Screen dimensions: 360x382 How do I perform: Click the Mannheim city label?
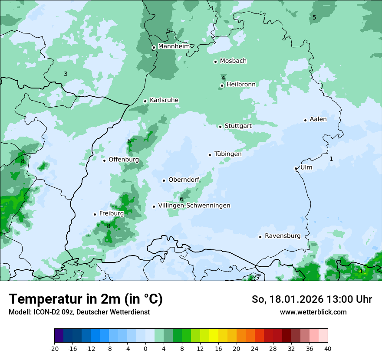(174, 46)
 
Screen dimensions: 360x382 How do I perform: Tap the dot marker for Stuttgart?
(220, 127)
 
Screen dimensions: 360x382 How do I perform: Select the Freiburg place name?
(111, 213)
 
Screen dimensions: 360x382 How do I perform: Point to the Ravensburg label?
(282, 236)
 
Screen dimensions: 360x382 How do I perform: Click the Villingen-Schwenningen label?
(194, 206)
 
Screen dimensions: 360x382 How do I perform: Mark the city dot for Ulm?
(296, 168)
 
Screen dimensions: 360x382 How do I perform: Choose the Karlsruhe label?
(164, 100)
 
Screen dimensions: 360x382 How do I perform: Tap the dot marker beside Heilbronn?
(222, 85)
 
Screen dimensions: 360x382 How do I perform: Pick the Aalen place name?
(318, 119)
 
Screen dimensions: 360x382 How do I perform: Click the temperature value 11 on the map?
(359, 271)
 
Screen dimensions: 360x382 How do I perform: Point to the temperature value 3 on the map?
(66, 74)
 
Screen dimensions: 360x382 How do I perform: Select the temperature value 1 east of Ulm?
(331, 159)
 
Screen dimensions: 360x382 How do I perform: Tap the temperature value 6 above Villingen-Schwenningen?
(181, 199)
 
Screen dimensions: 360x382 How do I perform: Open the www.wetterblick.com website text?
(313, 312)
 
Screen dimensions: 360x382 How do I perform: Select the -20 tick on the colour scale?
(54, 348)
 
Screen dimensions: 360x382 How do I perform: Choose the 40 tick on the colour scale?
(327, 348)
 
